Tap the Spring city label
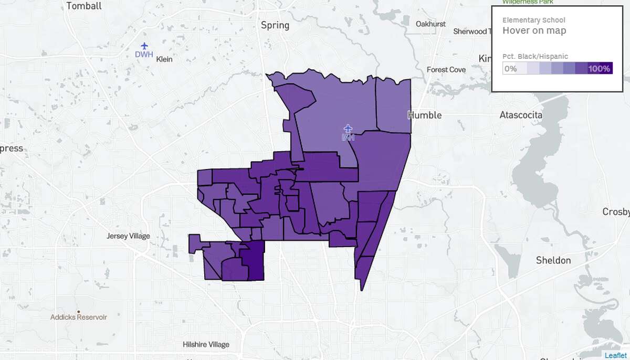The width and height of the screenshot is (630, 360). [275, 25]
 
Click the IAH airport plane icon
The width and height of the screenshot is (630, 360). [348, 128]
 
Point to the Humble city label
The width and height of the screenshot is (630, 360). [425, 115]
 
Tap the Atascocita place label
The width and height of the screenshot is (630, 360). [521, 115]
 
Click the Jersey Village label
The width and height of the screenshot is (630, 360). [128, 236]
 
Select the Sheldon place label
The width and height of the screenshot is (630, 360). [553, 260]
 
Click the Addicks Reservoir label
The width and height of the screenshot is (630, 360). [79, 317]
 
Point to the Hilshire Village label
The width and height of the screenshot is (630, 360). [206, 345]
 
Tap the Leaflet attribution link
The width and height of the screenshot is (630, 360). [615, 355]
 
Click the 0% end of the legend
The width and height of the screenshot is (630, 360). [510, 69]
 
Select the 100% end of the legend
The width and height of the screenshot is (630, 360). [599, 69]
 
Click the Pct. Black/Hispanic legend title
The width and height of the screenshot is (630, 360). [535, 57]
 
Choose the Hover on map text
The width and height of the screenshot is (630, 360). [534, 30]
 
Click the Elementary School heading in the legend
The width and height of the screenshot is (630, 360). [533, 20]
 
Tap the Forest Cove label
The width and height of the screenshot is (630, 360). [446, 69]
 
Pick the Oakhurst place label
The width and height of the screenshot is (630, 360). [430, 24]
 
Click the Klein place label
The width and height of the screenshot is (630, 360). [164, 59]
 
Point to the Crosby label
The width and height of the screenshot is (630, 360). [616, 212]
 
